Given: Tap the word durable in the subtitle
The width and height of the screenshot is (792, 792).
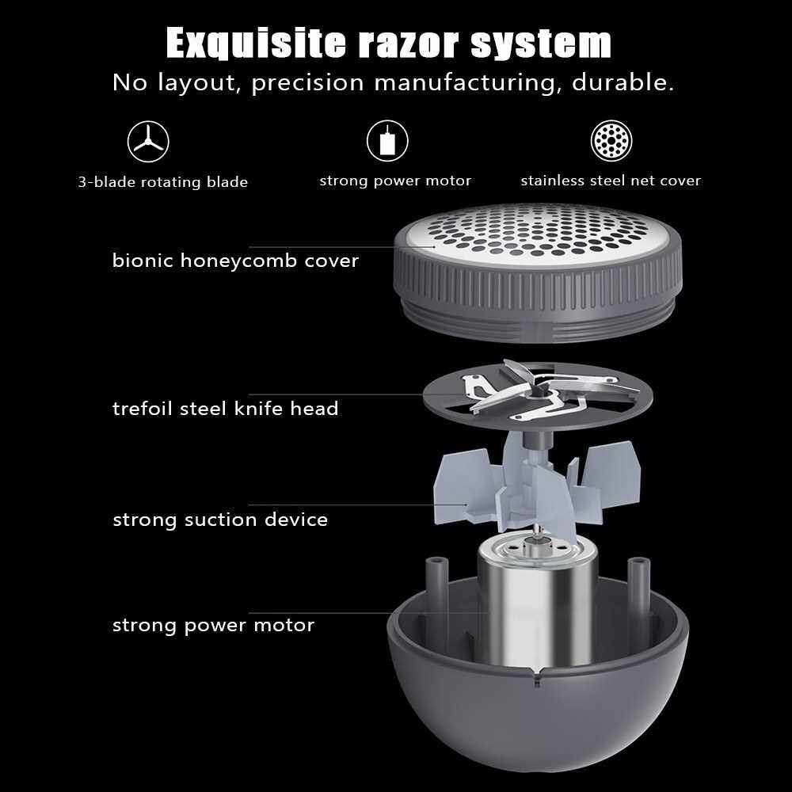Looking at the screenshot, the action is coord(623,82).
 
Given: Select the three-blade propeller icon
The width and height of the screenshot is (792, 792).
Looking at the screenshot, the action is coord(148,141).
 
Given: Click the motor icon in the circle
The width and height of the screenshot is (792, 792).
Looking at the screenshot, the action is coord(387,140).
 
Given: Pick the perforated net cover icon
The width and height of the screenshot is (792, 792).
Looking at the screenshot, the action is coord(611,140).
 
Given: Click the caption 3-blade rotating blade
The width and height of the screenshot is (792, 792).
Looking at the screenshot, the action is coord(162,182).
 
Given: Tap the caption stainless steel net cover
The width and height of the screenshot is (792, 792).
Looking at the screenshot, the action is coord(611,181).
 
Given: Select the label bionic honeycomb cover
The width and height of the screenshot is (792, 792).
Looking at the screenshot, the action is coord(235,261).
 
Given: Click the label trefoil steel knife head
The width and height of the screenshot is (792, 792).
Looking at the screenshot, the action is coord(225,408).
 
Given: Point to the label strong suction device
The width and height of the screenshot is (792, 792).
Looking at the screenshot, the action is coord(220,520).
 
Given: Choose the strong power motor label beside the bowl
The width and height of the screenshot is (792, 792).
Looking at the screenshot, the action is coord(213,626).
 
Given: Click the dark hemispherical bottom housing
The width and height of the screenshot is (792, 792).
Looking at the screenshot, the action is coord(538,718).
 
